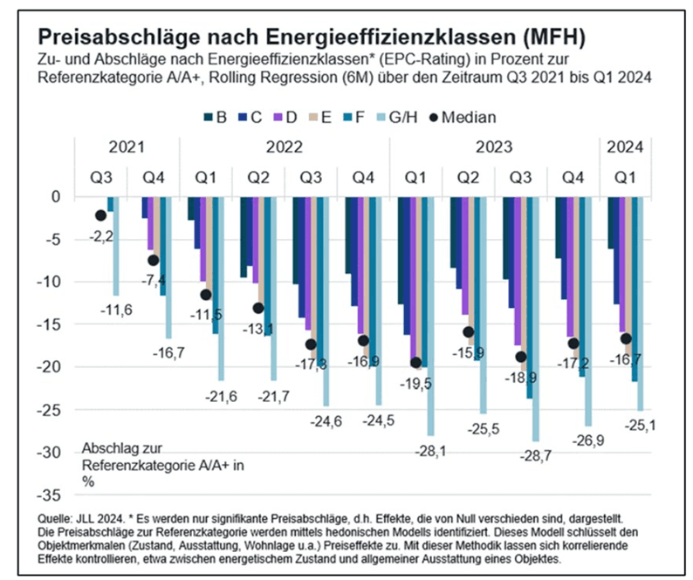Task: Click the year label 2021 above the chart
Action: point(127,148)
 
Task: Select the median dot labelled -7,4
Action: point(154,260)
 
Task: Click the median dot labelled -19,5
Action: point(415,362)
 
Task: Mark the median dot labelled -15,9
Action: point(468,331)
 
